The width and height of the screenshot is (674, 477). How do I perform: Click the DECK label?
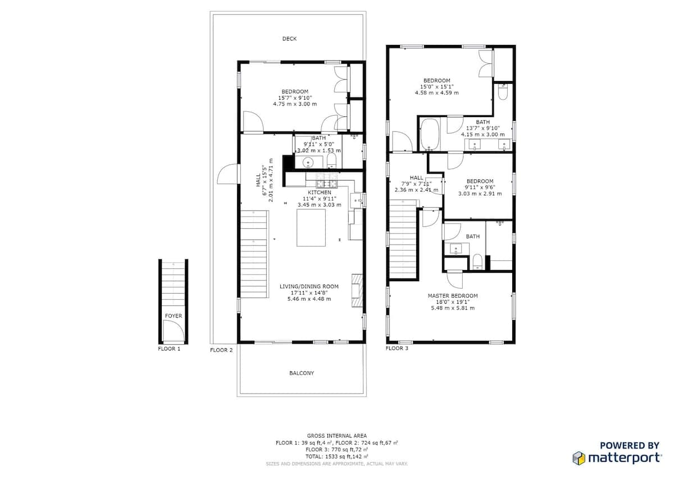click(x=289, y=39)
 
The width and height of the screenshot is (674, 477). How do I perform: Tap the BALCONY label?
click(x=302, y=373)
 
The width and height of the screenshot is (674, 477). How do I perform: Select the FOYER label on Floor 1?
click(x=174, y=316)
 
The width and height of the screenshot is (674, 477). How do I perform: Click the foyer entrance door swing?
click(x=174, y=331)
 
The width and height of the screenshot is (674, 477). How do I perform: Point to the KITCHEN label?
click(x=319, y=192)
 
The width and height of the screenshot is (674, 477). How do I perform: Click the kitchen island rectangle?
click(x=311, y=228)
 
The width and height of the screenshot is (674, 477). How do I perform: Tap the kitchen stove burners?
click(x=326, y=181)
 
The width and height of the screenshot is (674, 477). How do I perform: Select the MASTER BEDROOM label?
click(x=453, y=296)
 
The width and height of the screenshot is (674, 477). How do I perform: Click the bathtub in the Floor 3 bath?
click(x=430, y=134)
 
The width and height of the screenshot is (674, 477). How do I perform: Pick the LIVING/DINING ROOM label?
click(x=309, y=286)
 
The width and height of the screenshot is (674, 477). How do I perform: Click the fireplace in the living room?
click(x=357, y=290)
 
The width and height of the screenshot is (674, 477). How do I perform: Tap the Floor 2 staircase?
click(x=254, y=254)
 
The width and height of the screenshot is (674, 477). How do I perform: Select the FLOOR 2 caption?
click(x=221, y=350)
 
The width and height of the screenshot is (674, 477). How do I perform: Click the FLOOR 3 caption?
click(x=397, y=348)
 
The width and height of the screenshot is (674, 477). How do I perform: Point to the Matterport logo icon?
click(x=579, y=458)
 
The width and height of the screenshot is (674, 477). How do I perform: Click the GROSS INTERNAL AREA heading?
click(x=336, y=436)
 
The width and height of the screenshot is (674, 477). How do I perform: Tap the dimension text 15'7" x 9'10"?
click(x=295, y=98)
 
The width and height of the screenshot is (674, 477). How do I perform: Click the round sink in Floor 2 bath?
click(x=308, y=163)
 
